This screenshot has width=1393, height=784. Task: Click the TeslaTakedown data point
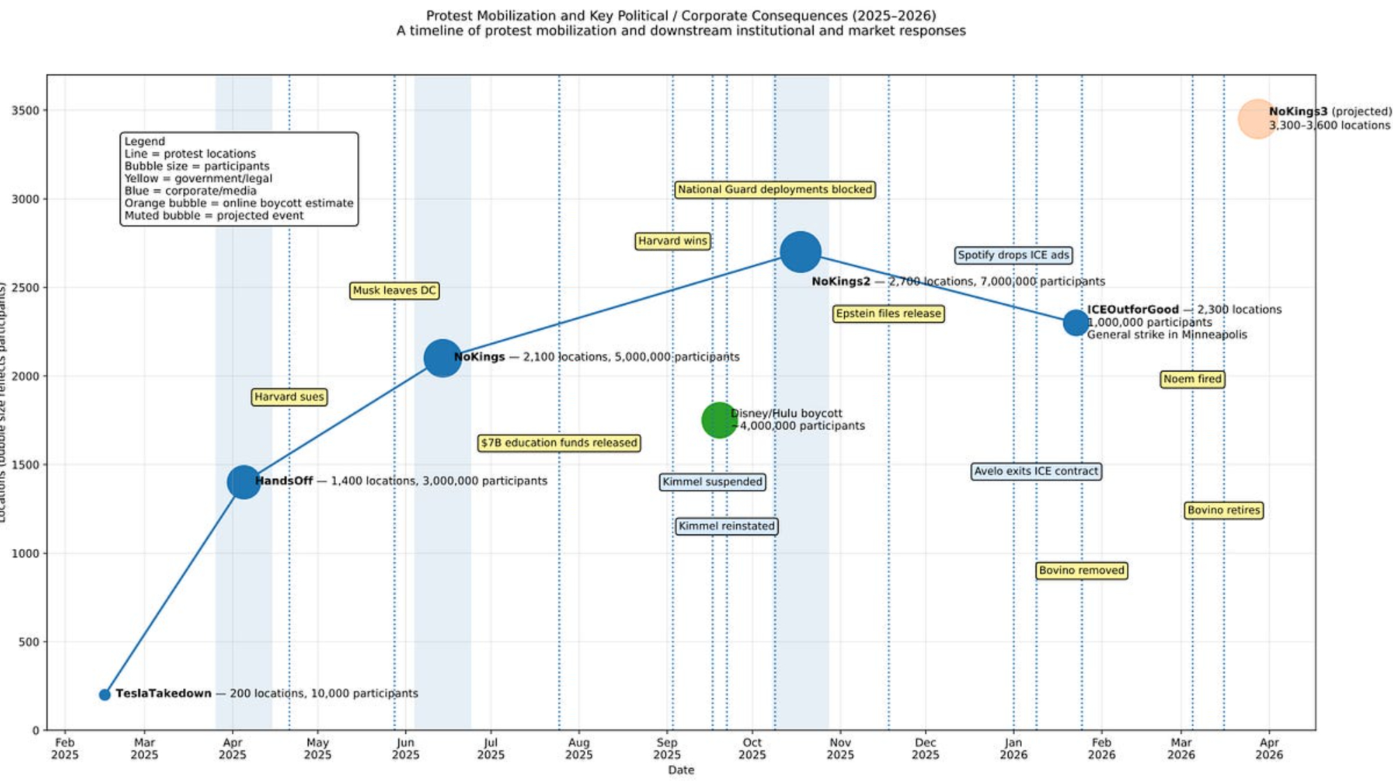point(104,694)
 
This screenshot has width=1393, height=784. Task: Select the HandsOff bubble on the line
point(244,482)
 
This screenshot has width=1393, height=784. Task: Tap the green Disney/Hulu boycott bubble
point(719,420)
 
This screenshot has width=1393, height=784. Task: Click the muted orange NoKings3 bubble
point(1257,119)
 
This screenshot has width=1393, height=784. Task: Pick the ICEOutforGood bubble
point(1076,323)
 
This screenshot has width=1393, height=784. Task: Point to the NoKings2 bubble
point(800,252)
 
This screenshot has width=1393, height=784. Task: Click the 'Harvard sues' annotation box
point(289,397)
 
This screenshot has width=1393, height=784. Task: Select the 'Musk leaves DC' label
point(394,291)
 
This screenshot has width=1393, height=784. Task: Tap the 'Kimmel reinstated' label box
point(726,526)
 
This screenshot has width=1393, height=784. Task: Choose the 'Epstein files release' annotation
point(888,314)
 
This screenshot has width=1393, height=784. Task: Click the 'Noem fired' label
point(1192,379)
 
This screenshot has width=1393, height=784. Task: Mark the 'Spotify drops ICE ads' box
point(1013,255)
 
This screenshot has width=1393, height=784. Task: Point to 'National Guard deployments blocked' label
point(775,190)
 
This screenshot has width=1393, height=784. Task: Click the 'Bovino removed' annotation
point(1082,571)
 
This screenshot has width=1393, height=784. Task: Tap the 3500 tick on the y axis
point(25,111)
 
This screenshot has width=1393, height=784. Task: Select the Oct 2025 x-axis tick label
point(752,748)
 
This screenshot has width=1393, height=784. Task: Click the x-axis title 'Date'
point(680,770)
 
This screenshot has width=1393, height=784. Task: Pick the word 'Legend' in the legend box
point(145,141)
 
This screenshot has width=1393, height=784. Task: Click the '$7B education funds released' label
point(559,443)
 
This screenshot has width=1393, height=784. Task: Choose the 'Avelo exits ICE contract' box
point(1036,472)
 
